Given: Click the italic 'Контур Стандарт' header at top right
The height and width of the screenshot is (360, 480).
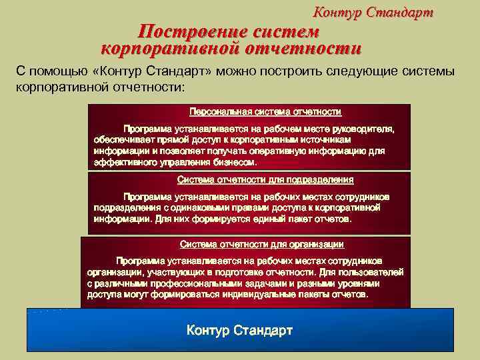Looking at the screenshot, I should pyautogui.click(x=373, y=13).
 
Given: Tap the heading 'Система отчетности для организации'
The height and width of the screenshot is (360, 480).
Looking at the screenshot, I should pyautogui.click(x=262, y=244).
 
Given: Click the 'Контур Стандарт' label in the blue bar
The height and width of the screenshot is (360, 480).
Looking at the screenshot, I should pyautogui.click(x=239, y=331).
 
